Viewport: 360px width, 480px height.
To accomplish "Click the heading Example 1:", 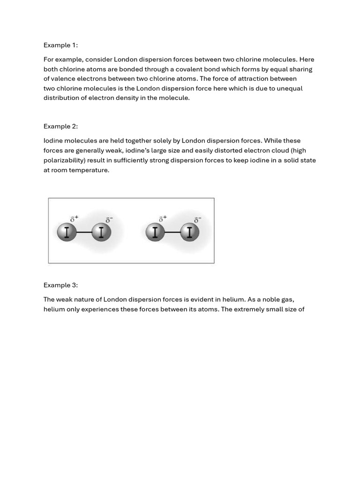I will point(60,45).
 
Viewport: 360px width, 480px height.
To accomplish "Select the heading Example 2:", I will point(60,126).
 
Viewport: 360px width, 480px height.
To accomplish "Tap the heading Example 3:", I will point(60,285).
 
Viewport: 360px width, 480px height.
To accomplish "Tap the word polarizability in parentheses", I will point(64,160).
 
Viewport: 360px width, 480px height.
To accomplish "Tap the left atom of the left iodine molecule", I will point(67,232).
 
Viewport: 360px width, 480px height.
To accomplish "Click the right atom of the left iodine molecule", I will point(101,232).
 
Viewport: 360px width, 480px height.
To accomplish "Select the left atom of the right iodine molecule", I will point(155,232).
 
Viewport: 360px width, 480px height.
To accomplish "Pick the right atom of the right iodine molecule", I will point(189,232).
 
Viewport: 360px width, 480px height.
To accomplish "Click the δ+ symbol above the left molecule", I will point(74,218).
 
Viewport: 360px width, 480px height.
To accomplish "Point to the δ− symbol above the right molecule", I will point(197,219).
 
